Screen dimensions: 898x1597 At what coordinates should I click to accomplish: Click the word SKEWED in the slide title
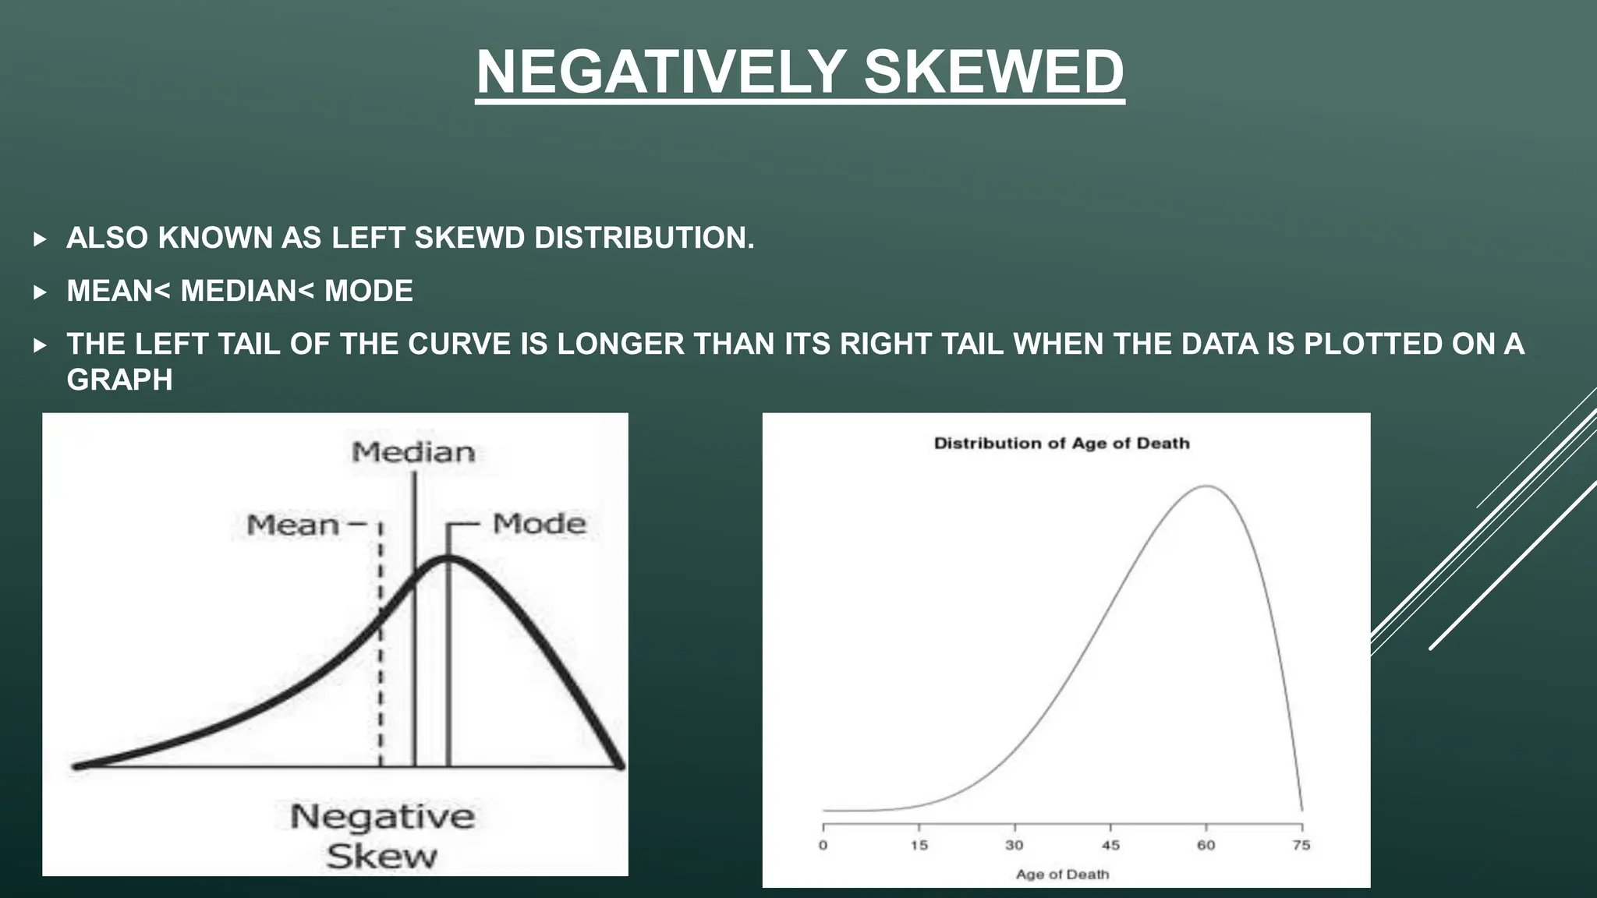click(993, 72)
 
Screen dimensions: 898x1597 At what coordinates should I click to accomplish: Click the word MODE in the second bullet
click(368, 291)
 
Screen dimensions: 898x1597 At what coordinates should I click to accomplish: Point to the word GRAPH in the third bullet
click(119, 380)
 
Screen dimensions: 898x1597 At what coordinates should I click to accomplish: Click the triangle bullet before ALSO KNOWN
click(41, 239)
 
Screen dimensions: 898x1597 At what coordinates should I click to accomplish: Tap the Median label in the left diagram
click(413, 452)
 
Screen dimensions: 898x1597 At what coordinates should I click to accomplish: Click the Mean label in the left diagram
click(292, 525)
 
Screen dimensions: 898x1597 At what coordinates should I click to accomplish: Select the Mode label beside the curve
click(539, 523)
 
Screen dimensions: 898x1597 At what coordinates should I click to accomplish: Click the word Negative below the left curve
click(382, 817)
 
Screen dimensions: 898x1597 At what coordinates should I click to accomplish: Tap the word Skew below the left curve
click(381, 857)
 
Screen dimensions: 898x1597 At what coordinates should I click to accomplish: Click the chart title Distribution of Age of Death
click(1061, 444)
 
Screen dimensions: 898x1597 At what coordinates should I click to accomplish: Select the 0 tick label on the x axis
click(823, 845)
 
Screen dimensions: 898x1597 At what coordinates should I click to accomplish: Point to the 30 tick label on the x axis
click(1015, 845)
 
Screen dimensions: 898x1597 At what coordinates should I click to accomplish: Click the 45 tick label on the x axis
click(1110, 845)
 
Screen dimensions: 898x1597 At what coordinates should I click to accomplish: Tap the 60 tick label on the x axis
click(1206, 845)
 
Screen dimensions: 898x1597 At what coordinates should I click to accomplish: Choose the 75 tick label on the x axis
click(1301, 845)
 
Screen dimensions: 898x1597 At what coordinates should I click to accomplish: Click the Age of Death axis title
click(1062, 875)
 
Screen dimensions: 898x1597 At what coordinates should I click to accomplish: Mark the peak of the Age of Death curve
click(1206, 486)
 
